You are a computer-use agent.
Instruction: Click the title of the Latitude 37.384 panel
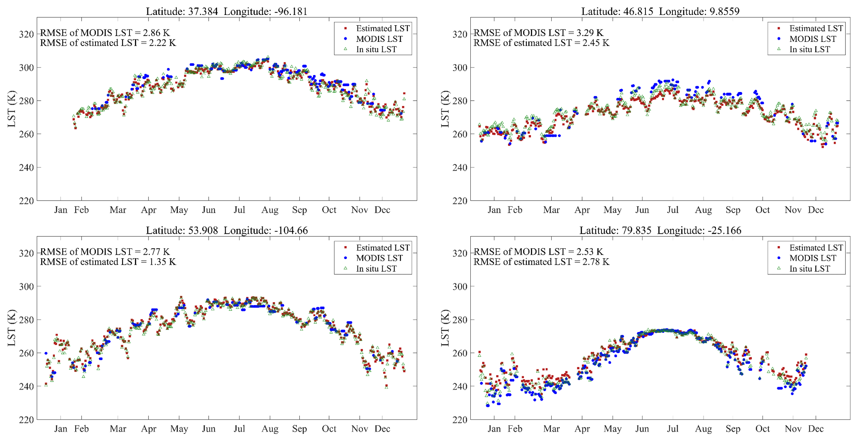pos(227,11)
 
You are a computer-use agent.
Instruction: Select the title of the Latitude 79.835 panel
pos(660,230)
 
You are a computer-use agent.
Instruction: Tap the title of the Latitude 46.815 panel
pos(660,11)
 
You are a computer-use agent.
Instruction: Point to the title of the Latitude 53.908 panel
pos(227,230)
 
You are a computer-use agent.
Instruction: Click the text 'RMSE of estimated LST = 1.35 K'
pos(108,262)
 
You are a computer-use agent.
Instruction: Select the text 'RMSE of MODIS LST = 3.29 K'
pos(538,33)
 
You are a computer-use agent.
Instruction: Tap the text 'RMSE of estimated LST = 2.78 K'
pos(541,262)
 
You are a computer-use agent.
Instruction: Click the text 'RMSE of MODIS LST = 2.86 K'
pos(105,33)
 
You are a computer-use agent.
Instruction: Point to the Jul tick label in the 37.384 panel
pos(240,210)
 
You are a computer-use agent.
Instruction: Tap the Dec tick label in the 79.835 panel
pos(816,429)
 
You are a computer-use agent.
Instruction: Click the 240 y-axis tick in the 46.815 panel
pos(460,168)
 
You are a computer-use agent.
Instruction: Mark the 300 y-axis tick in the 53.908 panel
pos(26,286)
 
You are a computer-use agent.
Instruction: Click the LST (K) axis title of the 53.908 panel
pos(12,328)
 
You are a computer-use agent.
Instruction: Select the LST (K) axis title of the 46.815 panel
pos(445,109)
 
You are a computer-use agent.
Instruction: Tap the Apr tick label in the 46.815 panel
pos(582,210)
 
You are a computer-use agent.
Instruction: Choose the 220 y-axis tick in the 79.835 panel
pos(460,420)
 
